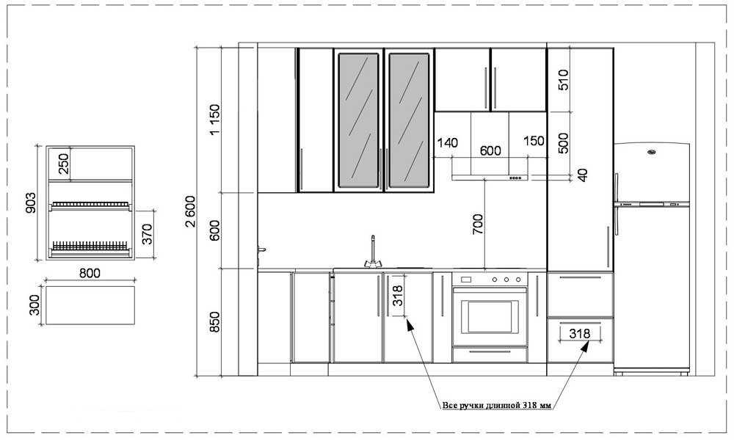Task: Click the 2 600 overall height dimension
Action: (x=191, y=211)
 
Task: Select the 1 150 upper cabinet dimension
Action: (x=214, y=119)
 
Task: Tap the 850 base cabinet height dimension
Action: (x=214, y=322)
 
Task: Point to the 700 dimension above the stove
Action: (x=478, y=224)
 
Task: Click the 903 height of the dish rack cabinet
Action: (x=30, y=203)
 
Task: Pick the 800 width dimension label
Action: (x=90, y=272)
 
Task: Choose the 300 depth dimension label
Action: (x=34, y=305)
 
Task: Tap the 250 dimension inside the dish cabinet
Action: (x=63, y=164)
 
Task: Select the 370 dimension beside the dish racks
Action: (x=147, y=234)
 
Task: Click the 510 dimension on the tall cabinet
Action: (x=563, y=79)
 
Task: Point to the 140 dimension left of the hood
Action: (x=448, y=142)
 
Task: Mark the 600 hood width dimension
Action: (x=490, y=150)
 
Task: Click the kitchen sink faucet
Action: (x=373, y=253)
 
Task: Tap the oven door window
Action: (x=490, y=316)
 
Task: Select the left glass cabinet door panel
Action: (x=358, y=120)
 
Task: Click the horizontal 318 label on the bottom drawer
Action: (x=580, y=333)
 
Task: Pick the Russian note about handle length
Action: (x=497, y=405)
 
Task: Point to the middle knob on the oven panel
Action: (x=506, y=280)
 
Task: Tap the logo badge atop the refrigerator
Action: (x=651, y=152)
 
